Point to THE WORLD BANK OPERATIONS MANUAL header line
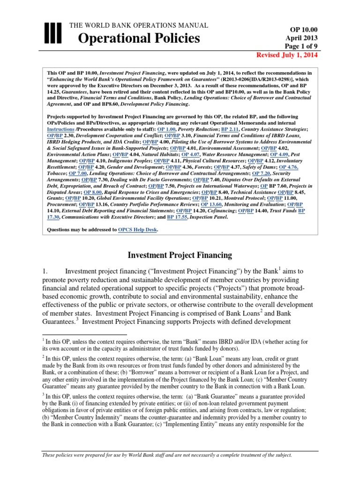click(139, 25)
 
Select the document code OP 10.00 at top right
click(304, 29)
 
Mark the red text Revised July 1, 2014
click(287, 55)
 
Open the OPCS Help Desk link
click(138, 230)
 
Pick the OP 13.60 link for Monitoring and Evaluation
click(214, 205)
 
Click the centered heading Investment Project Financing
click(180, 255)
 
